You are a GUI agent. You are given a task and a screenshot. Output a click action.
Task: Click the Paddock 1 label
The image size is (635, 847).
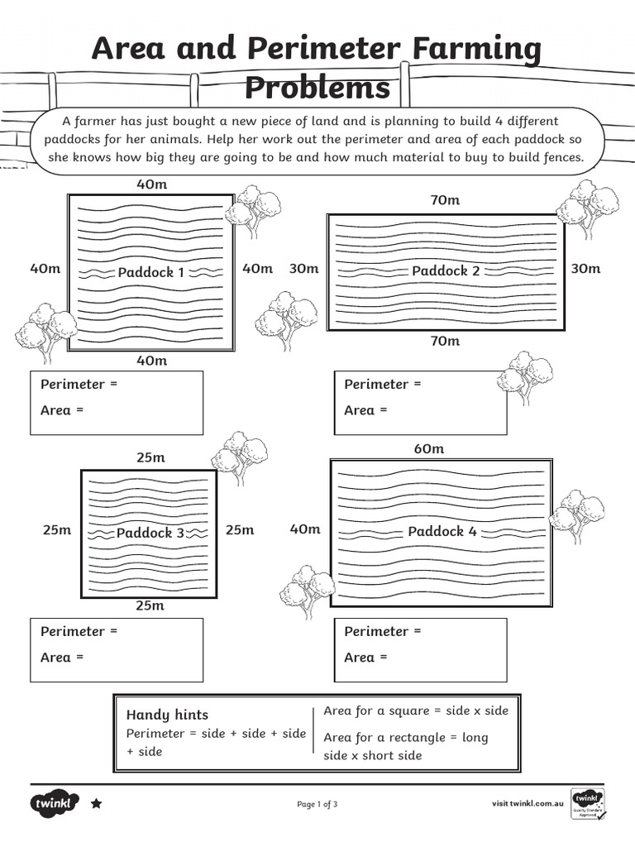coord(151,272)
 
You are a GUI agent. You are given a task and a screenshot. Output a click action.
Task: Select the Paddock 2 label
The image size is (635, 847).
coord(446,270)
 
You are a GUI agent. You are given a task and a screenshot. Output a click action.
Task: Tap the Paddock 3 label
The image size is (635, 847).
coord(150,533)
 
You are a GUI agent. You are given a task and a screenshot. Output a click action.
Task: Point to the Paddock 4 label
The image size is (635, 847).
coord(442,531)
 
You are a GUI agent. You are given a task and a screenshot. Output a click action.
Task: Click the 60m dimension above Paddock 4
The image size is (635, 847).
coord(428,448)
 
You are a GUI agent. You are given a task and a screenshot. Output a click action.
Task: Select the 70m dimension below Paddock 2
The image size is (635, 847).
coord(445,341)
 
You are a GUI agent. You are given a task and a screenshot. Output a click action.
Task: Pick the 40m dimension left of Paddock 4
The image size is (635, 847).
coord(304,529)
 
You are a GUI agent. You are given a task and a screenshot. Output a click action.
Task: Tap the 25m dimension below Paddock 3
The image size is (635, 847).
coord(150,605)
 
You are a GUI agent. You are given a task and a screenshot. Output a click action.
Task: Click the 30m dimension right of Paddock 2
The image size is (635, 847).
coord(585,269)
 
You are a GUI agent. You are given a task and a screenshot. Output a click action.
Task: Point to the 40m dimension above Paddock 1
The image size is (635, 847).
coord(151,184)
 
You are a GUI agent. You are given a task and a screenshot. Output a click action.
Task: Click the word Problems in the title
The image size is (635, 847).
coord(317,88)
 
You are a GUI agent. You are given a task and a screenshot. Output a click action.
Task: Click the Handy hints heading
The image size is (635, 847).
coord(167,715)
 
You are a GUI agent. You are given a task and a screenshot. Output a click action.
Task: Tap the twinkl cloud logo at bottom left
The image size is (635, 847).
coord(55,802)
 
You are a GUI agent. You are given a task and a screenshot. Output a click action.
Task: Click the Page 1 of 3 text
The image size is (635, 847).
coord(317,804)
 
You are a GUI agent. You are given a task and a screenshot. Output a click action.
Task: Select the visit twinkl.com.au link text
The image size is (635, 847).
coord(528,803)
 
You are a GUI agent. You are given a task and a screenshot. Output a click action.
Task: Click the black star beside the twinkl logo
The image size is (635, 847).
coord(96,803)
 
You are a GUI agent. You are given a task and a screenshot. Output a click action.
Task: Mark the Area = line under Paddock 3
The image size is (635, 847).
coord(62,658)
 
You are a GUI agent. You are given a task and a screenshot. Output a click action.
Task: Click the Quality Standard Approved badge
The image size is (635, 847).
coord(588,803)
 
